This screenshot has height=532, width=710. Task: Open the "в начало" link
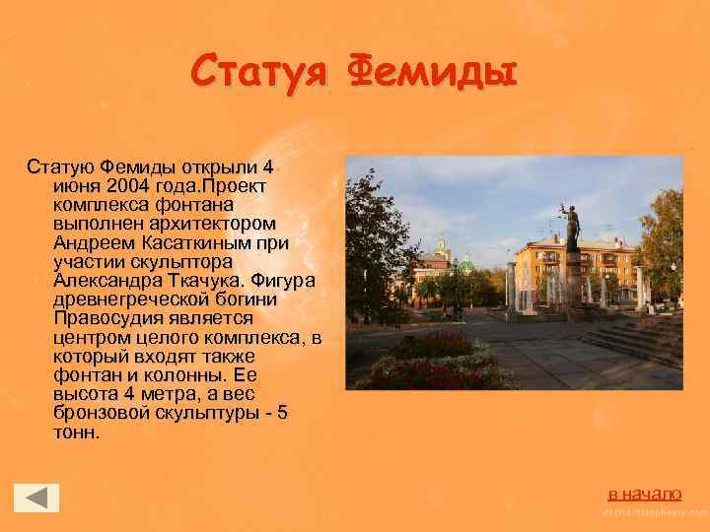tap(644, 493)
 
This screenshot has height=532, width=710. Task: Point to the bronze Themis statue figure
tap(569, 226)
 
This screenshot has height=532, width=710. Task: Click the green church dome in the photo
tap(464, 266)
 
